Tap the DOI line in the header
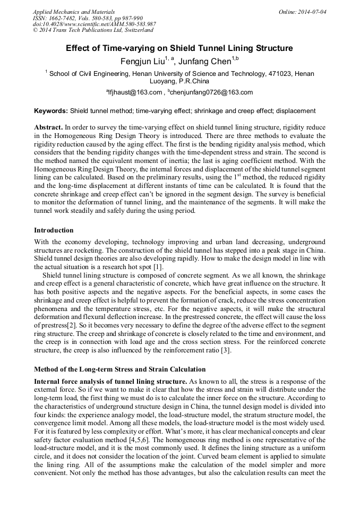click(x=94, y=24)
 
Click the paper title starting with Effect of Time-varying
click(x=179, y=48)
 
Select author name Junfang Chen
click(x=205, y=62)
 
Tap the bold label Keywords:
click(x=51, y=111)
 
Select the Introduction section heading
click(x=54, y=230)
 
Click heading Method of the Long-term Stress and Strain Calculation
click(x=120, y=369)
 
